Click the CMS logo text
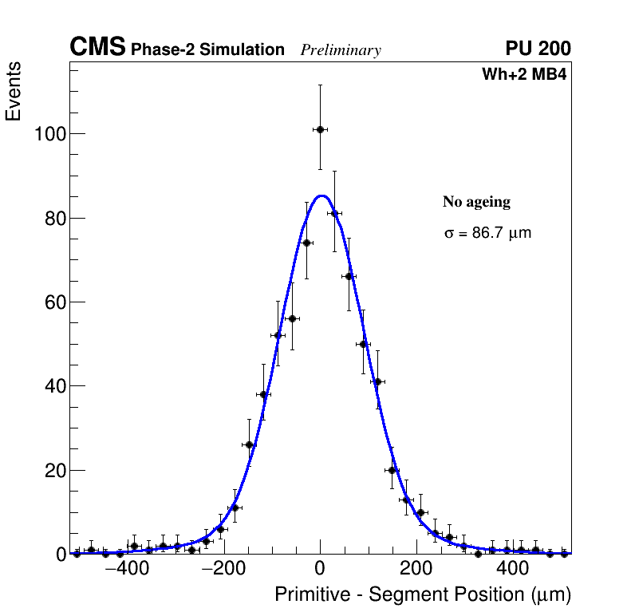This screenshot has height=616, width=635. click(97, 48)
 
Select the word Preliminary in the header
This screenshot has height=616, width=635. click(341, 50)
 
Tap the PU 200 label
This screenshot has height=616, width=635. click(538, 49)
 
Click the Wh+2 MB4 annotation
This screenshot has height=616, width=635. click(524, 75)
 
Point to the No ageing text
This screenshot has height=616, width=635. click(476, 203)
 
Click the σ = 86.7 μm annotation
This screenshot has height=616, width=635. click(487, 234)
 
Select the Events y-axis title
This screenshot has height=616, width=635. click(14, 91)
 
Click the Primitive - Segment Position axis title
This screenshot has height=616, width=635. click(423, 595)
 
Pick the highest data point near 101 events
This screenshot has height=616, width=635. click(320, 129)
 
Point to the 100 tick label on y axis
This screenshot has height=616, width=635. click(49, 134)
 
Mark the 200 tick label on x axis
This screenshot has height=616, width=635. click(416, 571)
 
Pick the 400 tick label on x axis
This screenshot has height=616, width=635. click(513, 571)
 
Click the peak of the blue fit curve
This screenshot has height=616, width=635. click(321, 195)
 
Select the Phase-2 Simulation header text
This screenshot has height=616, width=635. click(207, 50)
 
